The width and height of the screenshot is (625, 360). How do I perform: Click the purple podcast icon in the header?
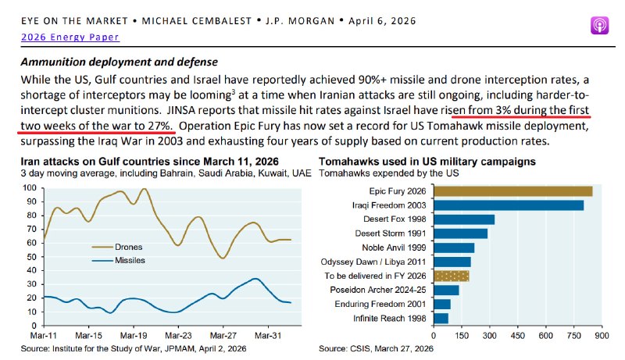click(599, 24)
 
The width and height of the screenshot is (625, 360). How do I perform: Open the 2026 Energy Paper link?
click(60, 36)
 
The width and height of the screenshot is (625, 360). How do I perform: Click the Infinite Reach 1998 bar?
click(441, 318)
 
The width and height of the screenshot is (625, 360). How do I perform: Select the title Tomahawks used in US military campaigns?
click(426, 161)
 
